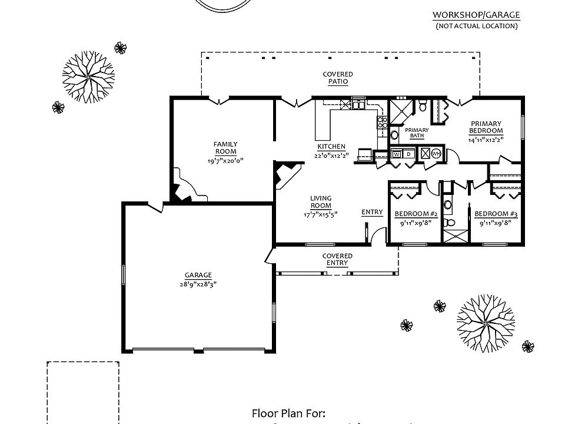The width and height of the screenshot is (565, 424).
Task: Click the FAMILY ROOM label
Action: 225,148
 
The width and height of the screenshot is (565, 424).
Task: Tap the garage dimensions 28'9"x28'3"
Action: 198,283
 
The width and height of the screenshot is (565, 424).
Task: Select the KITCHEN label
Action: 331,147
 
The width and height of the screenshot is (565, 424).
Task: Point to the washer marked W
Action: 397,154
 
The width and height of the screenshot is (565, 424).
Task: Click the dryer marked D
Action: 408,154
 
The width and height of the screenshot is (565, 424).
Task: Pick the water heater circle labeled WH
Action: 436,154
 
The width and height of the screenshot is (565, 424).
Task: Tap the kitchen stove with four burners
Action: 383,122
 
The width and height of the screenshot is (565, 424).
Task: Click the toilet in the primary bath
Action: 422,107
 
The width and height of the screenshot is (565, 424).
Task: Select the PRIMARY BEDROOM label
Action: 486,127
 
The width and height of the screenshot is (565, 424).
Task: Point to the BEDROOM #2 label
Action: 415,213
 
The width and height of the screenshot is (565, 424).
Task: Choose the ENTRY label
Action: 372,212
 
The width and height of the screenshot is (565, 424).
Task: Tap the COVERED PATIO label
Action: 338,78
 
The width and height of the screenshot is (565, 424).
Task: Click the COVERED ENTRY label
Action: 337,259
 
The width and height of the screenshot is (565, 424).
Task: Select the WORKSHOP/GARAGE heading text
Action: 476,15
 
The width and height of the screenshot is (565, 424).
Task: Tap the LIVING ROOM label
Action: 321,202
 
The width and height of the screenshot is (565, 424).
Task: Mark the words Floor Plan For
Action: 288,413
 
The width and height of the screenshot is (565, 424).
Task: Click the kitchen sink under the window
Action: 358,105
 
